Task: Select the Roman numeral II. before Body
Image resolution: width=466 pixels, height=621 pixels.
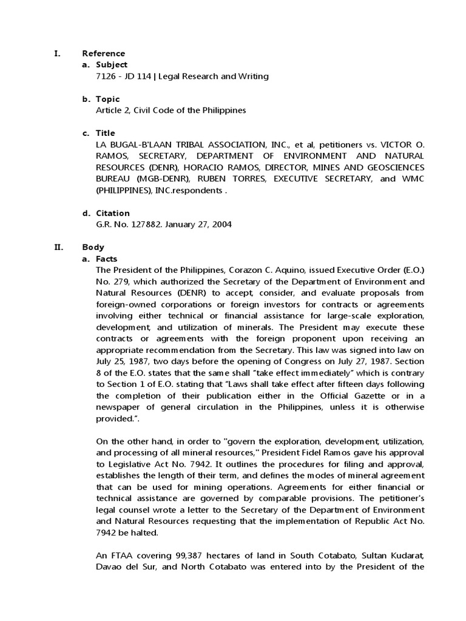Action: point(58,247)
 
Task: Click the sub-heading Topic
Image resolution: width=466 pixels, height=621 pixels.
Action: point(107,99)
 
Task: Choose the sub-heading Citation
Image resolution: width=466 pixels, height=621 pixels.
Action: point(112,213)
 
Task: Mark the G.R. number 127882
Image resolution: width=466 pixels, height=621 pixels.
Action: point(139,224)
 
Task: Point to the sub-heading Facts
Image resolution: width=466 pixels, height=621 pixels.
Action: point(107,258)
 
